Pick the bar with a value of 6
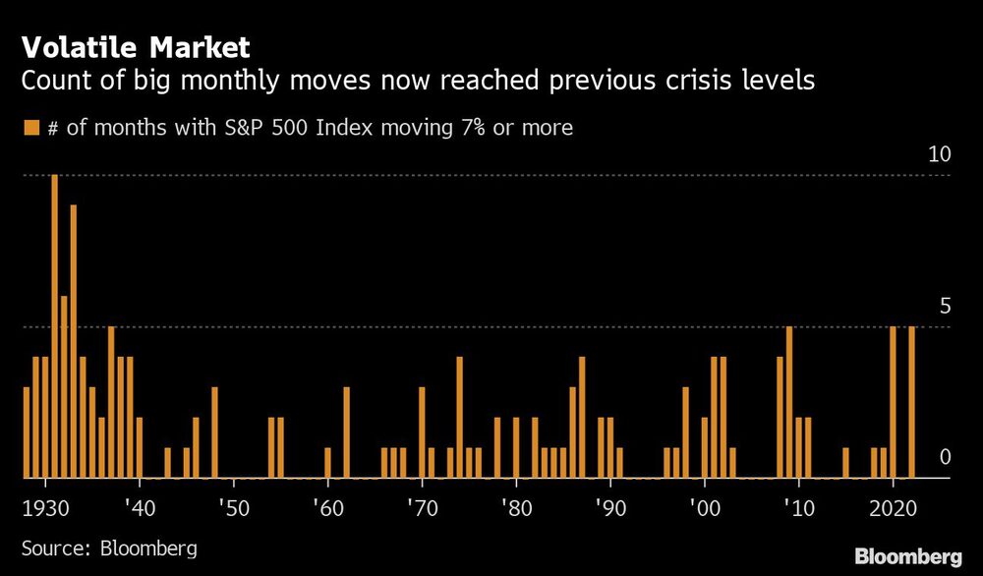(x=64, y=387)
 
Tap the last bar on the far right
(x=911, y=402)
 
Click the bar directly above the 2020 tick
(x=893, y=402)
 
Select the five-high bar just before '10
(x=789, y=402)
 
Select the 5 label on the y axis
(x=945, y=306)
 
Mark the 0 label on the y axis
(x=945, y=457)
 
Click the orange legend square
(x=30, y=127)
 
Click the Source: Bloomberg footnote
(x=109, y=547)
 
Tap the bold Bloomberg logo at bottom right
(x=909, y=556)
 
